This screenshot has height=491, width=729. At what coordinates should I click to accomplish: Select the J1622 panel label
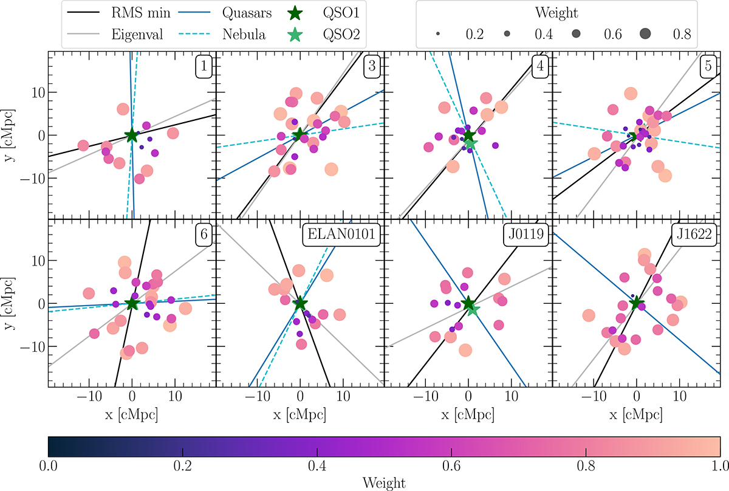coord(692,234)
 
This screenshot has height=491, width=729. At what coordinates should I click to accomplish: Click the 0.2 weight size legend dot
coord(438,35)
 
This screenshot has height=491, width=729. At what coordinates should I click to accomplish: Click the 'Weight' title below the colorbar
coord(384,482)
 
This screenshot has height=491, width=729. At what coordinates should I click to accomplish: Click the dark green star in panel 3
coord(299,135)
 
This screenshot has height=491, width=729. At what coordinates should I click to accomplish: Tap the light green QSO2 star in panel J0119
coord(473,309)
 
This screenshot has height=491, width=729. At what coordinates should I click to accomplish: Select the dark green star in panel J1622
coord(636,303)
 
